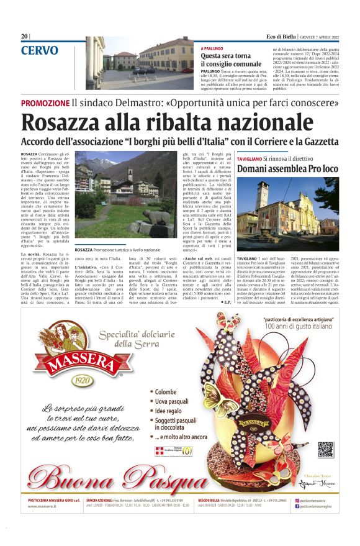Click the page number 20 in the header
[x=25, y=36]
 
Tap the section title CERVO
[x=40, y=51]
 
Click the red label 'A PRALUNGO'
[x=212, y=48]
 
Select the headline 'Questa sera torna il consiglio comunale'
[x=231, y=60]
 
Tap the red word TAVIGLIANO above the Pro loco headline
[x=253, y=159]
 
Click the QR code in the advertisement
[x=325, y=448]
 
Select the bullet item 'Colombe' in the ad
[x=166, y=392]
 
